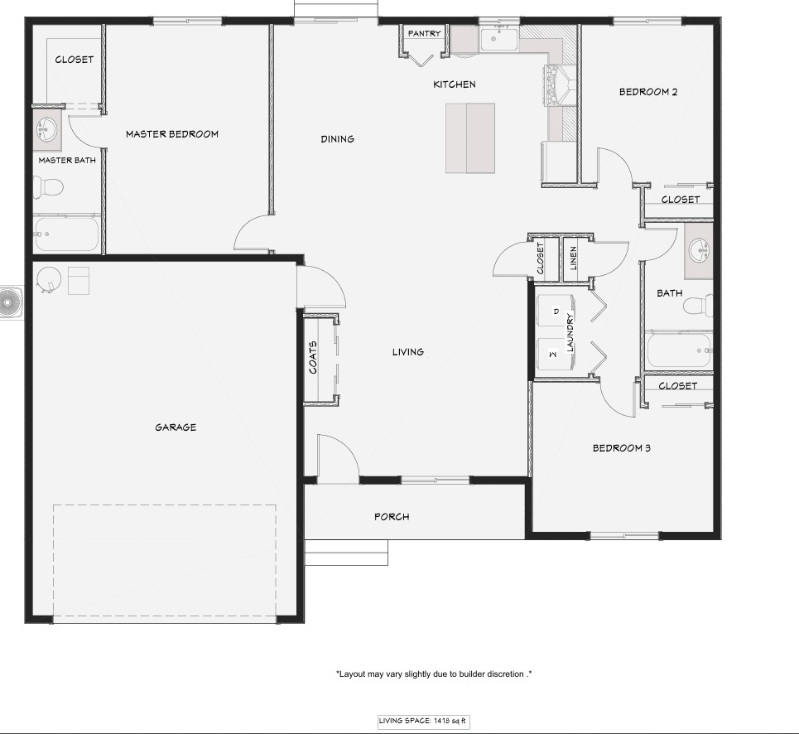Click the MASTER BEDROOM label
(172, 134)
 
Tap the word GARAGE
(176, 427)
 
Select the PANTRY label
(425, 33)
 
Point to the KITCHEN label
(455, 85)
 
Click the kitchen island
(470, 138)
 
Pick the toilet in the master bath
(48, 187)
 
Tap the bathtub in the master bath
(65, 234)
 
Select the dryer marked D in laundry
(556, 311)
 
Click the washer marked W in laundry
(556, 354)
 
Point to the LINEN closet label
(573, 258)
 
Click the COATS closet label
(313, 357)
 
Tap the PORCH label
(392, 517)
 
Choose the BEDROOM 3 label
(622, 448)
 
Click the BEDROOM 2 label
(648, 92)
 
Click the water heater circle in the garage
(49, 279)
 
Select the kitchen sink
(499, 39)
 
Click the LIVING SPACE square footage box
(422, 722)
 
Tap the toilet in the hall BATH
(698, 306)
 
